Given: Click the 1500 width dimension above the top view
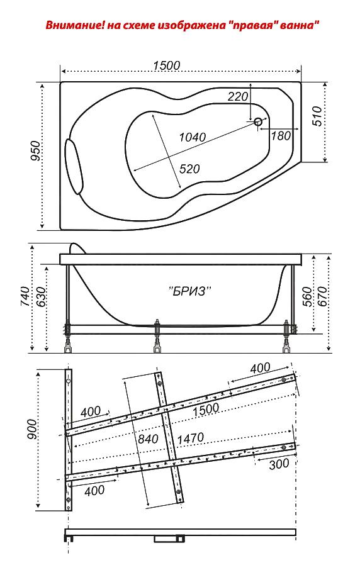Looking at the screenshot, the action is tap(166, 65).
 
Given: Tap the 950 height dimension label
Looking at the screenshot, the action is tap(36, 150).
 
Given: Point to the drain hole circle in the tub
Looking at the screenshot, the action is tap(258, 122).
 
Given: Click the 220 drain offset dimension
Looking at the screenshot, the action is tap(238, 96).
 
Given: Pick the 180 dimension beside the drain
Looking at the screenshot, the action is tap(281, 136).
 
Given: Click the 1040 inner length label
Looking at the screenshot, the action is tap(193, 137).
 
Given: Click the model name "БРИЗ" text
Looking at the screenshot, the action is tap(191, 291).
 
